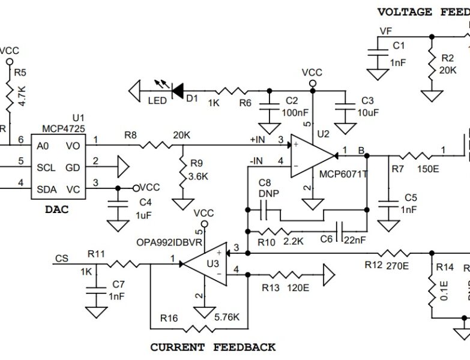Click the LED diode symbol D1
pos(178,91)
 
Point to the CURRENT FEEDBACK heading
pos(212,347)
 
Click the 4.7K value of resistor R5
pos(22,96)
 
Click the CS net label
pos(61,259)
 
